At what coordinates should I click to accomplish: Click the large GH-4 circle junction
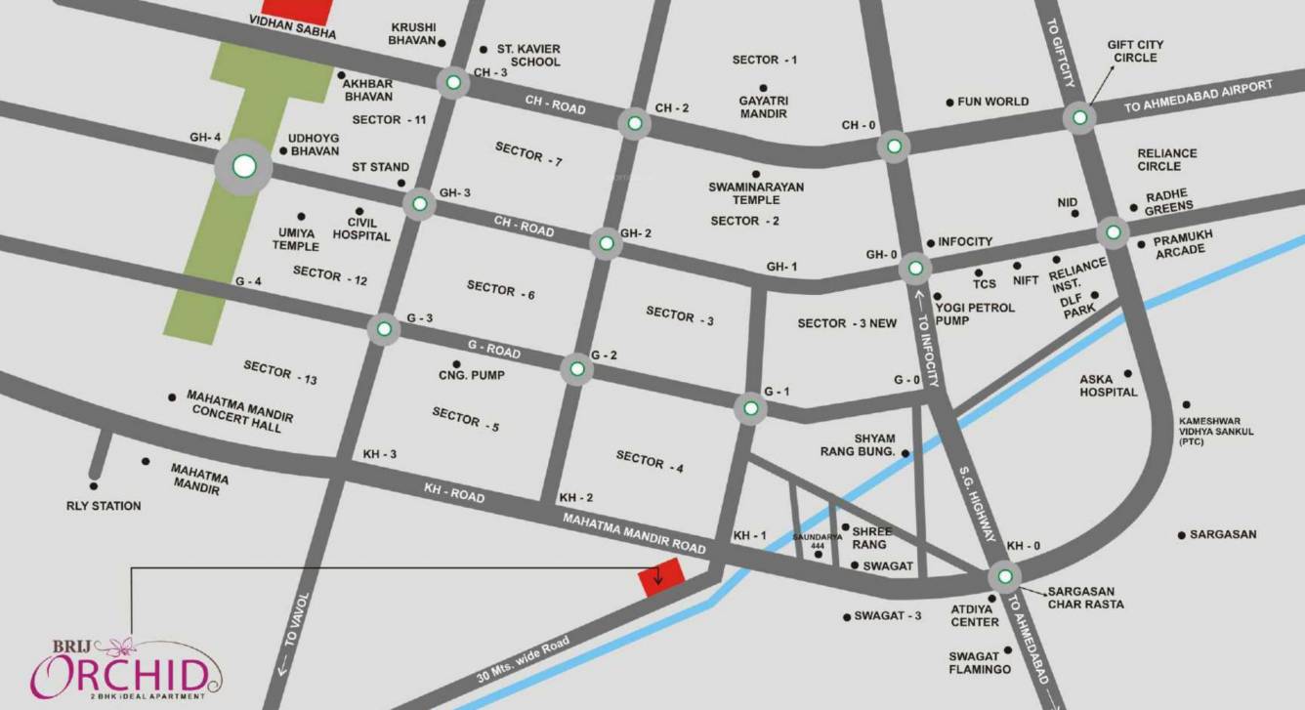click(x=244, y=167)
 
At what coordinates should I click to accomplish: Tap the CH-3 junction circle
click(x=453, y=84)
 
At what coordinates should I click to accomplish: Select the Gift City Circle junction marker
click(x=1079, y=118)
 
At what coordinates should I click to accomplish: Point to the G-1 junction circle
click(x=749, y=409)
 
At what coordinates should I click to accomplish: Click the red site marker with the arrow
click(x=659, y=579)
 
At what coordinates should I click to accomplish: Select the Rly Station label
click(x=104, y=506)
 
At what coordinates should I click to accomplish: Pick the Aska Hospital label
click(x=1109, y=386)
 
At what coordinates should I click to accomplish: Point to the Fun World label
click(x=993, y=102)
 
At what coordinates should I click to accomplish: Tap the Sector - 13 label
click(x=280, y=372)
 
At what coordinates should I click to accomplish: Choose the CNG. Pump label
click(x=472, y=375)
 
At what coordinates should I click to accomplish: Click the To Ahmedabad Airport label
click(x=1199, y=97)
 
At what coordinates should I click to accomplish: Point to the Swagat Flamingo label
click(x=980, y=662)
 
